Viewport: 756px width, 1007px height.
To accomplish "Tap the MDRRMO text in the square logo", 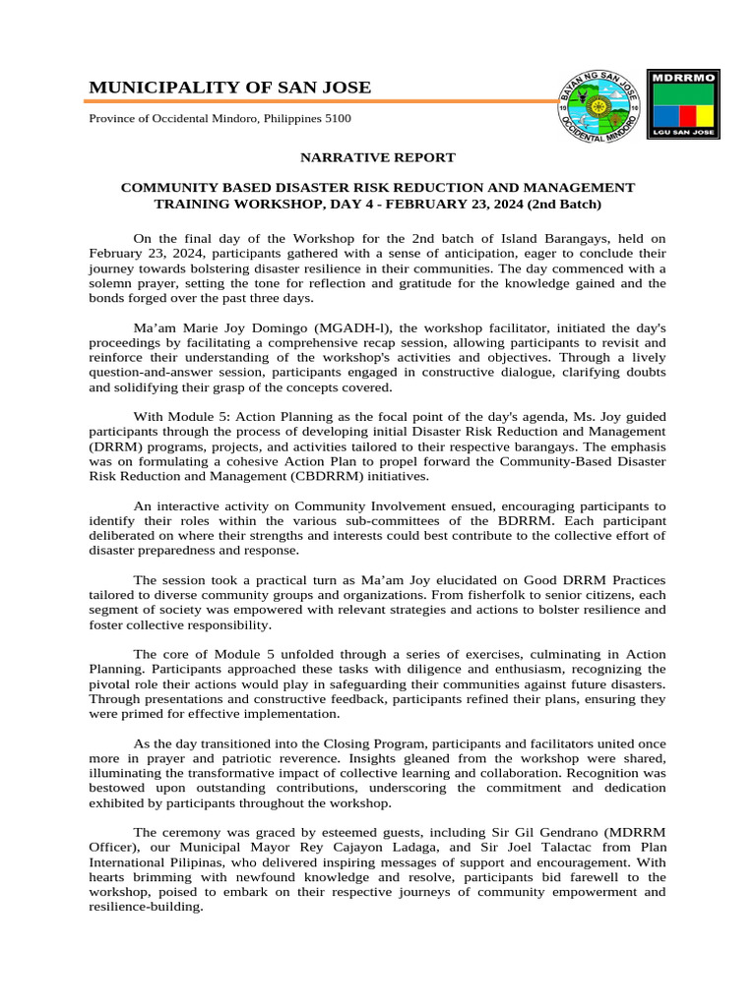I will [683, 76].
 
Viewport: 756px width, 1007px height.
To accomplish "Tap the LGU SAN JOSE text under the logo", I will [683, 130].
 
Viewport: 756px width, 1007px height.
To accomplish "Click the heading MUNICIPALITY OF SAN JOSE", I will [230, 88].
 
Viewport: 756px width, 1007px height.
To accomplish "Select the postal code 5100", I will [337, 119].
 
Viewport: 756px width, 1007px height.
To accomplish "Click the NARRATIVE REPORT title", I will [378, 157].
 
